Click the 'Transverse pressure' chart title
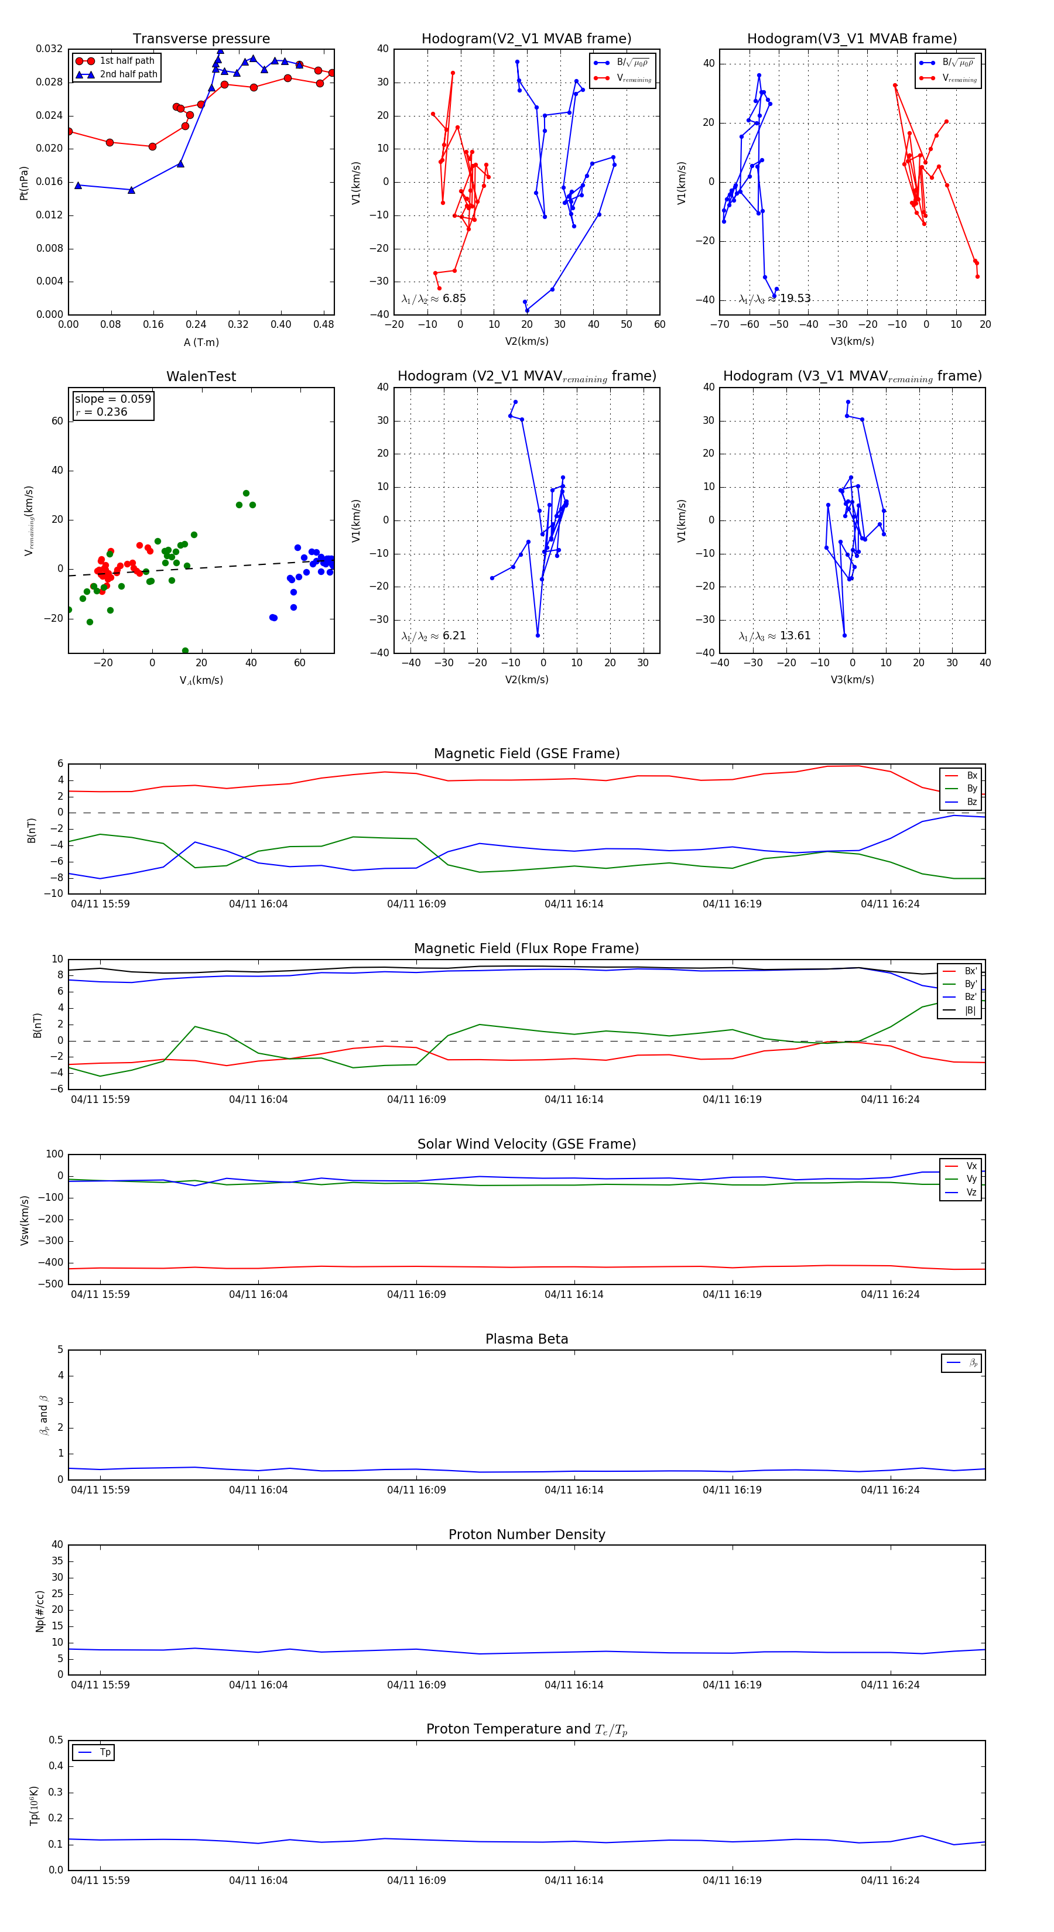pyautogui.click(x=201, y=39)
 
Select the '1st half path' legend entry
pyautogui.click(x=126, y=61)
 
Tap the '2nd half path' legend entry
pyautogui.click(x=128, y=74)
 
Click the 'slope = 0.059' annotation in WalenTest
pyautogui.click(x=112, y=399)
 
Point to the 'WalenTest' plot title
pyautogui.click(x=201, y=376)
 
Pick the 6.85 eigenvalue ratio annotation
pyautogui.click(x=454, y=299)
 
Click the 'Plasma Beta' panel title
pyautogui.click(x=526, y=1339)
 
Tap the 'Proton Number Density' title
pyautogui.click(x=526, y=1534)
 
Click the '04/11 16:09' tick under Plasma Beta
pyautogui.click(x=416, y=1490)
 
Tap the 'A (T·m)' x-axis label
pyautogui.click(x=201, y=342)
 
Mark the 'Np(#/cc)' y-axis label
pyautogui.click(x=40, y=1611)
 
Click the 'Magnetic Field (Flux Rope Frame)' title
pyautogui.click(x=526, y=949)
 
